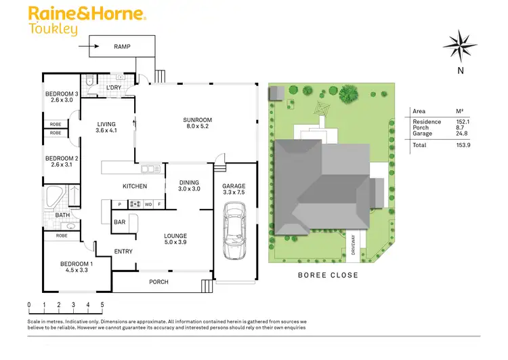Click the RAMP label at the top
(x=122, y=46)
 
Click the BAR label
(x=119, y=222)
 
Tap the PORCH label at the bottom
(x=158, y=282)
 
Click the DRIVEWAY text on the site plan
(x=353, y=245)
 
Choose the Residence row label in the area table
(x=427, y=121)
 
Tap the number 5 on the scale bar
(x=102, y=304)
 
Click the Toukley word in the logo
(x=53, y=29)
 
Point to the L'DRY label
(x=113, y=87)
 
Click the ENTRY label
(x=123, y=252)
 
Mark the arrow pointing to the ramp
(x=87, y=47)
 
